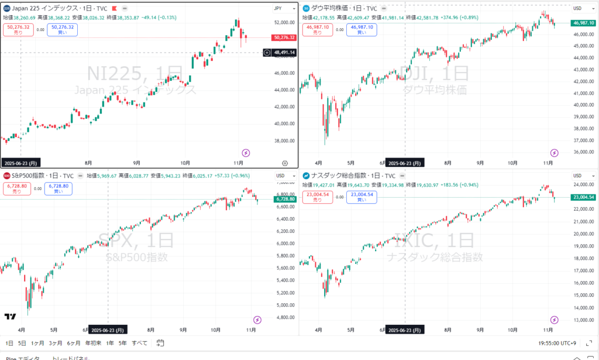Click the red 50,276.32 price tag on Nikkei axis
coord(284,37)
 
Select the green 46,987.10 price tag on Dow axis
coord(583,23)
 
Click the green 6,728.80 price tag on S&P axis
coord(284,199)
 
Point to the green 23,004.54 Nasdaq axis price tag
coord(583,197)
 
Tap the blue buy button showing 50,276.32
coord(63,29)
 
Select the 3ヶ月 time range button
coord(56,343)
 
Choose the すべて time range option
coord(140,343)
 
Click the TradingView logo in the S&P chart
coord(10,317)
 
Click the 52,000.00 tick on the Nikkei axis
coord(283,22)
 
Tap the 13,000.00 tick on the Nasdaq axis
coord(583,320)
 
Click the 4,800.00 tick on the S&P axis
coord(283,317)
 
